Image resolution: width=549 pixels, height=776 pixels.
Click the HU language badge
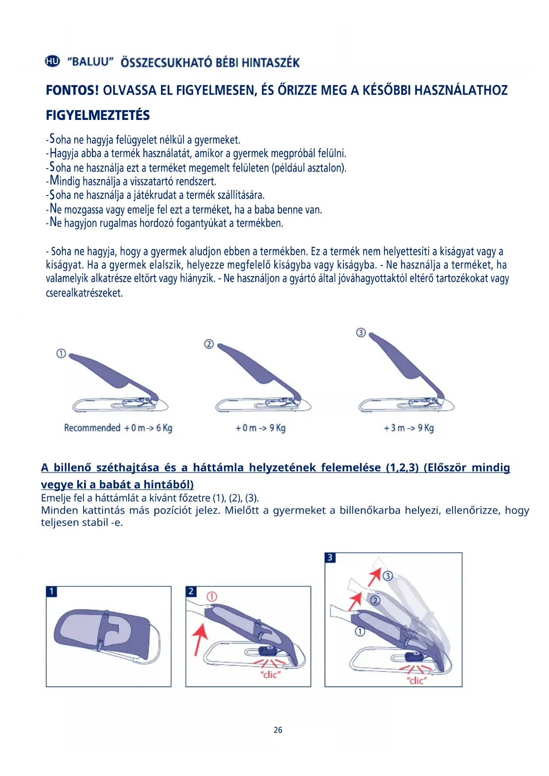click(x=52, y=61)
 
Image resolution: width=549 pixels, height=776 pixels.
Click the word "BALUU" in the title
click(x=91, y=62)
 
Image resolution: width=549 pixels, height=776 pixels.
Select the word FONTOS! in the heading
click(x=72, y=91)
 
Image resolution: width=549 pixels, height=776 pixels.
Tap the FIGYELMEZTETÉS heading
click(x=98, y=115)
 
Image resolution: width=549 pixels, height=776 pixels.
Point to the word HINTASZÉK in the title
click(x=271, y=63)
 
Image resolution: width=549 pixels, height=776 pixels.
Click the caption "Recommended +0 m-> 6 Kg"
click(x=118, y=428)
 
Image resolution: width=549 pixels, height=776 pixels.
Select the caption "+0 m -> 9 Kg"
click(x=261, y=428)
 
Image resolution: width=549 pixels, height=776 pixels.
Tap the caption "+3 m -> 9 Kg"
click(x=409, y=428)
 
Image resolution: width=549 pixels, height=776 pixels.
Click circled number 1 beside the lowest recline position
click(x=61, y=353)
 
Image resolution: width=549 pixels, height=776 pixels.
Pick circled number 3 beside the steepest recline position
click(x=361, y=332)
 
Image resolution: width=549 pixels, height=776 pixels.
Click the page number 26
click(x=278, y=730)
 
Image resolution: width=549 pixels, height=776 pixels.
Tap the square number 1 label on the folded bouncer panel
click(x=52, y=592)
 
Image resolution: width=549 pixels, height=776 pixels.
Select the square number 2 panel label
click(x=191, y=592)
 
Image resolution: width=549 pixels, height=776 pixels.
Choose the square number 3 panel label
click(x=330, y=557)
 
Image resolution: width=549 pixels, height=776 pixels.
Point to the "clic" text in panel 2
click(x=270, y=675)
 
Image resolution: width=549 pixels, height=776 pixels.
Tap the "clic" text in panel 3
click(x=417, y=680)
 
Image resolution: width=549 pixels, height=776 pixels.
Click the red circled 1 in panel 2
click(x=212, y=597)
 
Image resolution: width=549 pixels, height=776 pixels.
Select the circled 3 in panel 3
click(x=388, y=576)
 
